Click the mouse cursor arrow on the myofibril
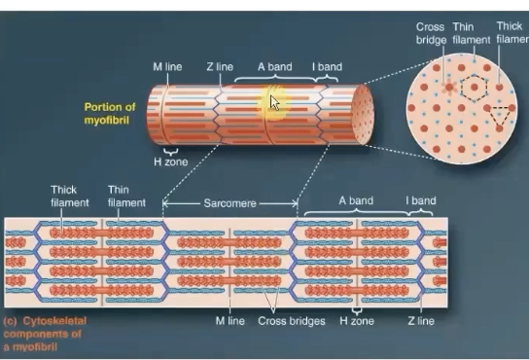click(274, 102)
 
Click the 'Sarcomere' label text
click(229, 204)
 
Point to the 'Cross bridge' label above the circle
click(431, 34)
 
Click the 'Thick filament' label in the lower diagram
click(69, 197)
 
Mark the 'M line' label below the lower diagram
click(229, 320)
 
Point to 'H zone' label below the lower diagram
click(356, 320)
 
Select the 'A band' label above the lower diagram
click(356, 201)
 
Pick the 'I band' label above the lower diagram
click(420, 201)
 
